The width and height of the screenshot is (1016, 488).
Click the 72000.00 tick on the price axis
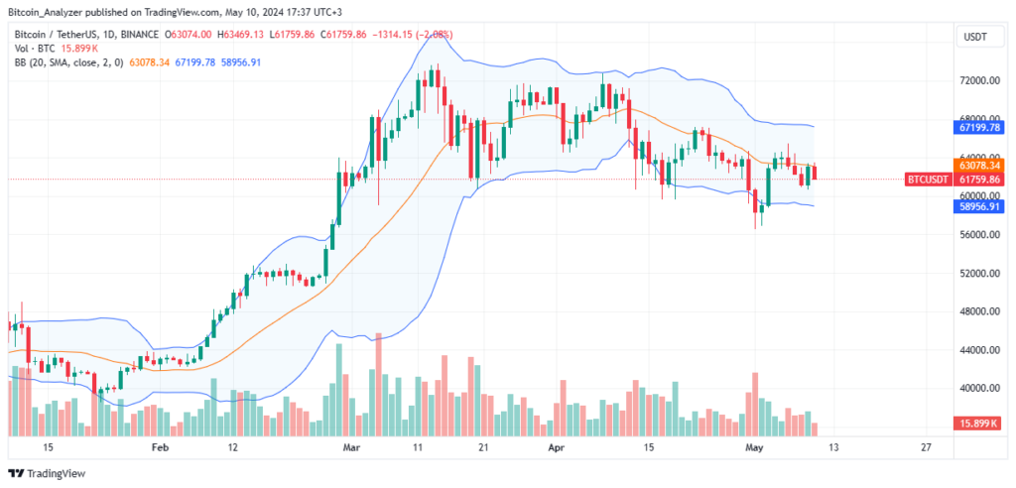[978, 80]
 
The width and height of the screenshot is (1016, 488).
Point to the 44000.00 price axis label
[978, 350]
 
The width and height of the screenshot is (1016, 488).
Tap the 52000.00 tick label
[978, 273]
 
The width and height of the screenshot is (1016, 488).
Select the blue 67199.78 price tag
[978, 127]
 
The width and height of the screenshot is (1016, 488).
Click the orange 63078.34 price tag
[978, 165]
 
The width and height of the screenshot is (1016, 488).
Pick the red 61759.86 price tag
[978, 180]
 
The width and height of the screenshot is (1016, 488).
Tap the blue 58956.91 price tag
[978, 205]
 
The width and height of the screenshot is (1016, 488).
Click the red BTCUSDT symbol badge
[929, 180]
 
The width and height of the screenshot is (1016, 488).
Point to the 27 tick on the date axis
[926, 447]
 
